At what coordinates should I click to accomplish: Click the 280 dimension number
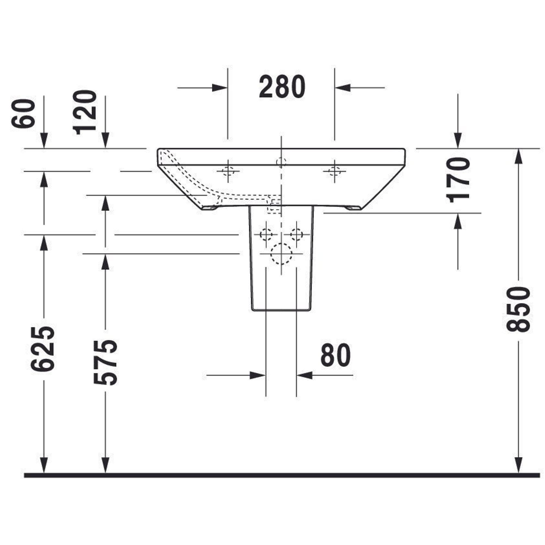click(x=282, y=87)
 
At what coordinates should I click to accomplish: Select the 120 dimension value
click(x=85, y=112)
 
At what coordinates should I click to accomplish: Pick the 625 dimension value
click(x=43, y=349)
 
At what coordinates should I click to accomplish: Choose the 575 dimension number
click(x=105, y=363)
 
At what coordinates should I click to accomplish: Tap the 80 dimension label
click(x=335, y=355)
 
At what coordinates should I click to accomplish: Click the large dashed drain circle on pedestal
click(x=281, y=254)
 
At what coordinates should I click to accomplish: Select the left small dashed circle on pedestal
click(x=266, y=234)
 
